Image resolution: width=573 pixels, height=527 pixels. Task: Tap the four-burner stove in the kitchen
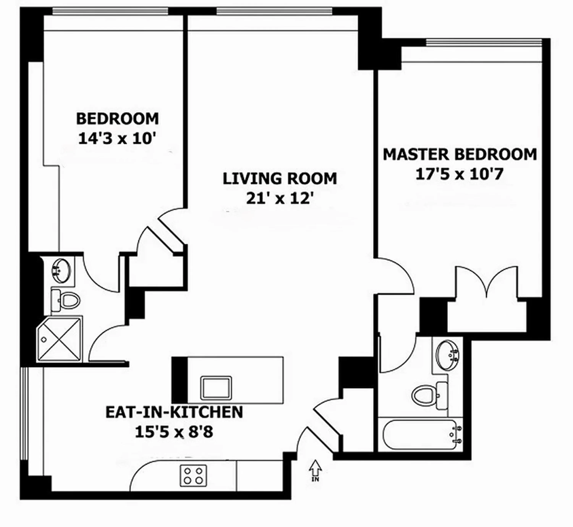(x=193, y=476)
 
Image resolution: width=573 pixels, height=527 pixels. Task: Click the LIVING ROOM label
(x=279, y=179)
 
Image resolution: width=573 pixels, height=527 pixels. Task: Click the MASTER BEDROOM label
(x=460, y=155)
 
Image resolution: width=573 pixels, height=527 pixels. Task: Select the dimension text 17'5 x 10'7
(x=459, y=174)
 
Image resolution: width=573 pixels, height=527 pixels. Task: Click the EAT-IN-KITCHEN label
(x=174, y=412)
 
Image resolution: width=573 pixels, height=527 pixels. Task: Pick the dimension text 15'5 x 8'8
(x=174, y=432)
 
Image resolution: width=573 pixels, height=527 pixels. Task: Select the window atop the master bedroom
(x=484, y=42)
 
